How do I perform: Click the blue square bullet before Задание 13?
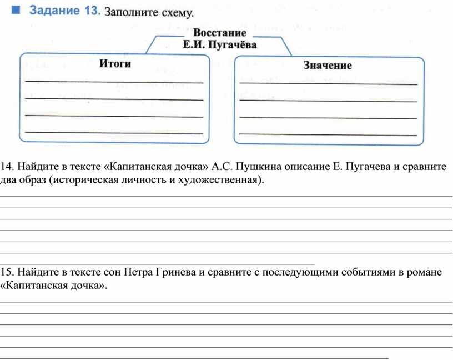(16, 10)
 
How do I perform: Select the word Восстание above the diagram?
(220, 32)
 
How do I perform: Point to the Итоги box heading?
(115, 63)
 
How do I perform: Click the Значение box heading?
(328, 66)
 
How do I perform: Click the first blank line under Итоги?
(114, 82)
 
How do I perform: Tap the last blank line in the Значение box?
(328, 134)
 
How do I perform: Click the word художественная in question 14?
(220, 180)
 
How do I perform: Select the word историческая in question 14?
(85, 180)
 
